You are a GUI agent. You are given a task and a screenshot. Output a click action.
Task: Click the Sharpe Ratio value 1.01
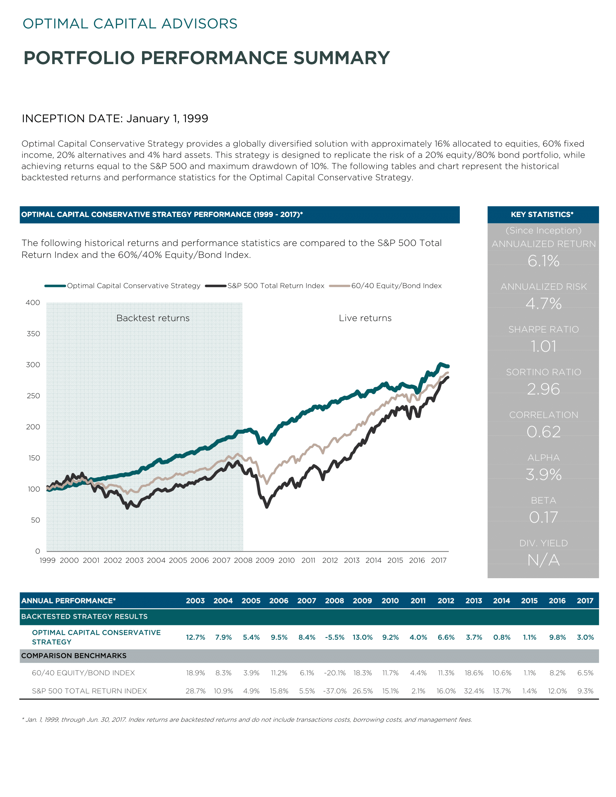pyautogui.click(x=544, y=346)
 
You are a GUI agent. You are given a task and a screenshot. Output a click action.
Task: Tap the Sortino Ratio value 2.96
pyautogui.click(x=544, y=389)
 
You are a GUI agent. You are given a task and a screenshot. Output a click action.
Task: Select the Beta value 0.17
pyautogui.click(x=544, y=517)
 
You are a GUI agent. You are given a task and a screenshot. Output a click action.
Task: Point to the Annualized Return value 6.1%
pyautogui.click(x=544, y=261)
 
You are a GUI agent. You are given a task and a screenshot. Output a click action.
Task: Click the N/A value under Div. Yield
pyautogui.click(x=544, y=560)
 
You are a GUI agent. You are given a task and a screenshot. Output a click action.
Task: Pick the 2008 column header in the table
pyautogui.click(x=334, y=601)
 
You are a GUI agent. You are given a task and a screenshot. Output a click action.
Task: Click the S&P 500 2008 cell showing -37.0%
pyautogui.click(x=335, y=691)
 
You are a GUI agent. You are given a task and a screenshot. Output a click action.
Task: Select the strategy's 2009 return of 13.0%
pyautogui.click(x=362, y=637)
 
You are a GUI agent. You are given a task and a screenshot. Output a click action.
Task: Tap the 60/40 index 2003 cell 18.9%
pyautogui.click(x=196, y=673)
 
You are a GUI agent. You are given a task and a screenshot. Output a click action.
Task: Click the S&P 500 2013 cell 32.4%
pyautogui.click(x=474, y=691)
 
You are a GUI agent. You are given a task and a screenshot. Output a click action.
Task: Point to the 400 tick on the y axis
pyautogui.click(x=33, y=302)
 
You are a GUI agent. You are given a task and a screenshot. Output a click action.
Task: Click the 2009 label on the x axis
pyautogui.click(x=265, y=560)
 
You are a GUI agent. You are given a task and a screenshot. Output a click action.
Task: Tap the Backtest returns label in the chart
pyautogui.click(x=153, y=318)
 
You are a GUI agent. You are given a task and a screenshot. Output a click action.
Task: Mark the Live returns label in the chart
pyautogui.click(x=365, y=318)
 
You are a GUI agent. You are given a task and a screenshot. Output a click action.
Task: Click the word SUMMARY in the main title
pyautogui.click(x=342, y=58)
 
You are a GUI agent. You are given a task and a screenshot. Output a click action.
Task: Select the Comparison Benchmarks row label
pyautogui.click(x=74, y=656)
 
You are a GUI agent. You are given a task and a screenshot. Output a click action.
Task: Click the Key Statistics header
pyautogui.click(x=542, y=214)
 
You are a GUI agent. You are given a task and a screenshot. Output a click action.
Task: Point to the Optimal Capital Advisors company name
pyautogui.click(x=130, y=24)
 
